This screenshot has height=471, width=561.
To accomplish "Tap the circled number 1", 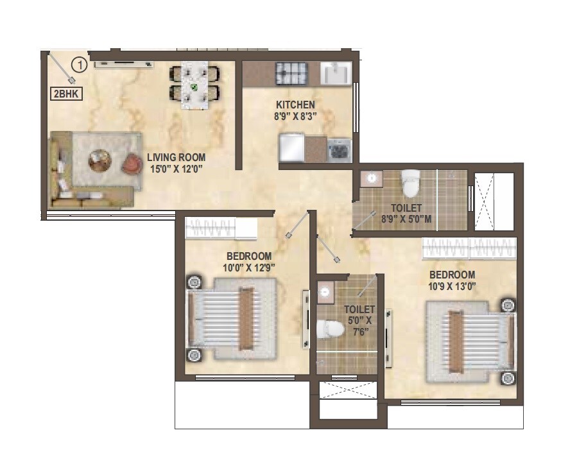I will pyautogui.click(x=79, y=65).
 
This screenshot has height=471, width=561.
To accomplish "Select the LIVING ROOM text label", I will pyautogui.click(x=176, y=157).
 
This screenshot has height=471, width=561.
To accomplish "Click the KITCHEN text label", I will pyautogui.click(x=295, y=105).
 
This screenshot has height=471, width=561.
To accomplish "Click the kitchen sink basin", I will pyautogui.click(x=336, y=73).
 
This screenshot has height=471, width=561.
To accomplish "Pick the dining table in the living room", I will pyautogui.click(x=193, y=83).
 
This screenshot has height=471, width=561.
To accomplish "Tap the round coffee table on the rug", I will pyautogui.click(x=99, y=160).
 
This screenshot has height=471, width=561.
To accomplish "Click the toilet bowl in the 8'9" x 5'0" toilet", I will pyautogui.click(x=409, y=184).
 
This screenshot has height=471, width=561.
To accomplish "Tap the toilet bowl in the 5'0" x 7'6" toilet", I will pyautogui.click(x=329, y=329).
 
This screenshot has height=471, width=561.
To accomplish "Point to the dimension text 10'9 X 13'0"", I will pyautogui.click(x=453, y=286).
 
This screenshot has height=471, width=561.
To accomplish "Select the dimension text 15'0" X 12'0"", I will pyautogui.click(x=176, y=169).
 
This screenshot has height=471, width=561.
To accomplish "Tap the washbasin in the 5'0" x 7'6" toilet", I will pyautogui.click(x=325, y=293).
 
